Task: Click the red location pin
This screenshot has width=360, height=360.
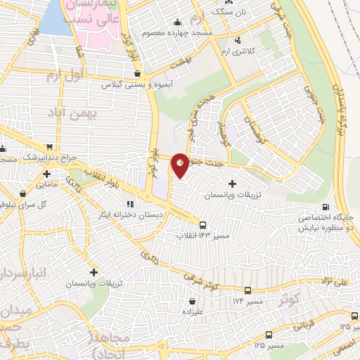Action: (x=180, y=165)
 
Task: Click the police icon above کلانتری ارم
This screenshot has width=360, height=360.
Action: (x=239, y=39)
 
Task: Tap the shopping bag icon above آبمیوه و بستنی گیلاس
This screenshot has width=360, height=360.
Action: (x=137, y=72)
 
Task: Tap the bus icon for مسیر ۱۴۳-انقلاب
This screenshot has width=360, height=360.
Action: (x=202, y=226)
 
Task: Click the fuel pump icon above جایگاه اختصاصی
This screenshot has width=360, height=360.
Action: (x=326, y=207)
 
